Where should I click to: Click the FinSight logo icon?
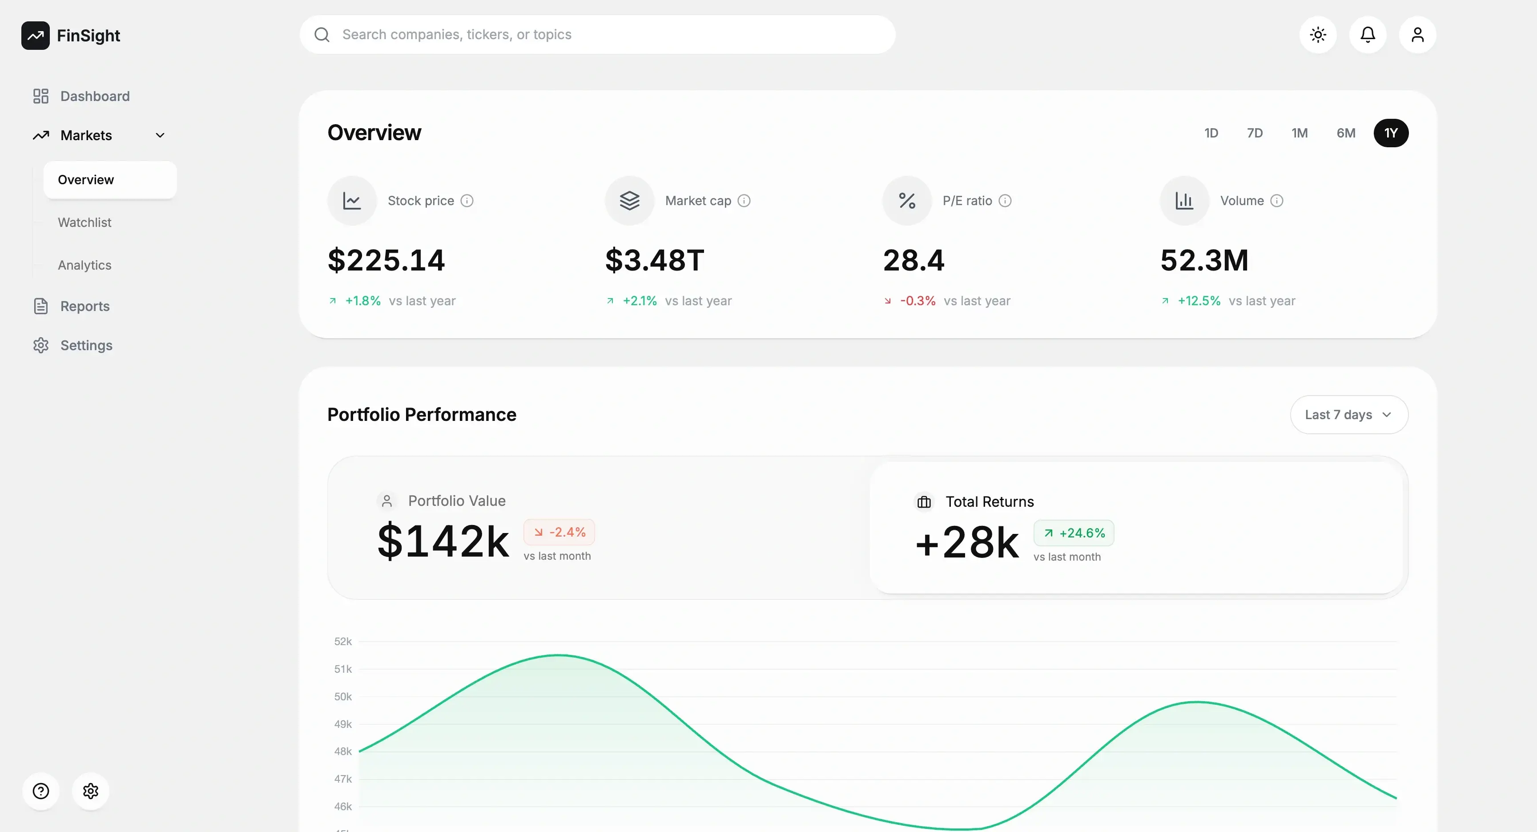click(35, 36)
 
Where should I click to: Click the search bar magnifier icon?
click(322, 35)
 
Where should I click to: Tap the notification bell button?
click(1368, 35)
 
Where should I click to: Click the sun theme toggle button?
click(1318, 35)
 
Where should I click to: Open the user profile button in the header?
click(1418, 35)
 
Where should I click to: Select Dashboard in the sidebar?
click(95, 96)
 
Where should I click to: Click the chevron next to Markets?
click(160, 136)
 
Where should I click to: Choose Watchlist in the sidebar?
click(85, 222)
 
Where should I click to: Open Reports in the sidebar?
click(85, 306)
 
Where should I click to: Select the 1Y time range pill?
click(1391, 133)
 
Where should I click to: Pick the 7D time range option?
click(1255, 133)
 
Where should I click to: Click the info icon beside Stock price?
click(467, 201)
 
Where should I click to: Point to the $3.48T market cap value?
click(655, 260)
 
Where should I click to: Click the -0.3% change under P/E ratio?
click(917, 301)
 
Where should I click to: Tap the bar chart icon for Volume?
click(1184, 201)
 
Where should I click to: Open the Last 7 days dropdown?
click(1348, 415)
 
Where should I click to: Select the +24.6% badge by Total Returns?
click(1074, 533)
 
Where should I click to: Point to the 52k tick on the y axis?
click(343, 642)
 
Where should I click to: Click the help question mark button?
click(40, 792)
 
